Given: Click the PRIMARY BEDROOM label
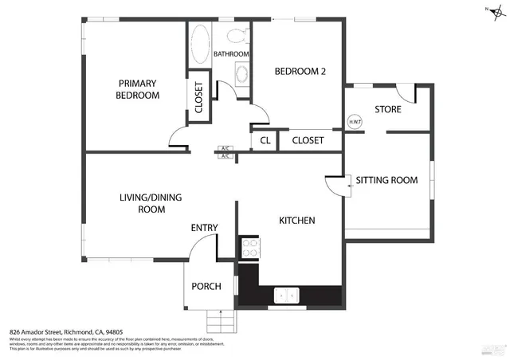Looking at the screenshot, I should tap(138, 88).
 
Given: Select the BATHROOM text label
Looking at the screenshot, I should tap(231, 54).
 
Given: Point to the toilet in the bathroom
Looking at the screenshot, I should tap(236, 34).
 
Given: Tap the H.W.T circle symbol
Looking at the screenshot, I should tap(355, 123).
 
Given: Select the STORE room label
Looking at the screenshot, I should tap(387, 109).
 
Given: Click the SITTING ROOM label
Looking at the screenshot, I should tap(386, 180).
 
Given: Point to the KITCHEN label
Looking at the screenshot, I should tap(297, 220).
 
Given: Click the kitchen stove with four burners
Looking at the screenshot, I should tap(249, 248).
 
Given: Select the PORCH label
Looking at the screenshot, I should tap(206, 287).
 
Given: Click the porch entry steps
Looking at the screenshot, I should tap(222, 322).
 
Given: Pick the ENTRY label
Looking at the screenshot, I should tap(204, 229).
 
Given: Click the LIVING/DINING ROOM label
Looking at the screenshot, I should tap(142, 203).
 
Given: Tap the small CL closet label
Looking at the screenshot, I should tap(265, 141).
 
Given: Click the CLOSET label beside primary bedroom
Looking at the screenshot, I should tap(199, 100).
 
